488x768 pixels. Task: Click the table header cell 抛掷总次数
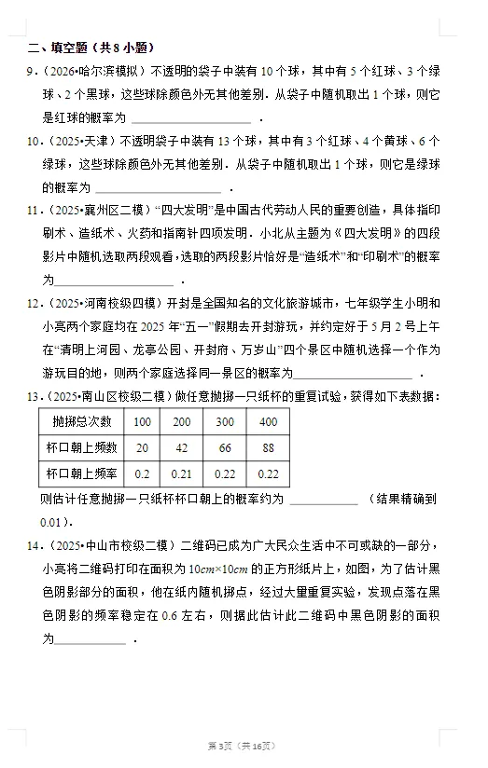81,422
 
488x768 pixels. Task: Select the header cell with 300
226,422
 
